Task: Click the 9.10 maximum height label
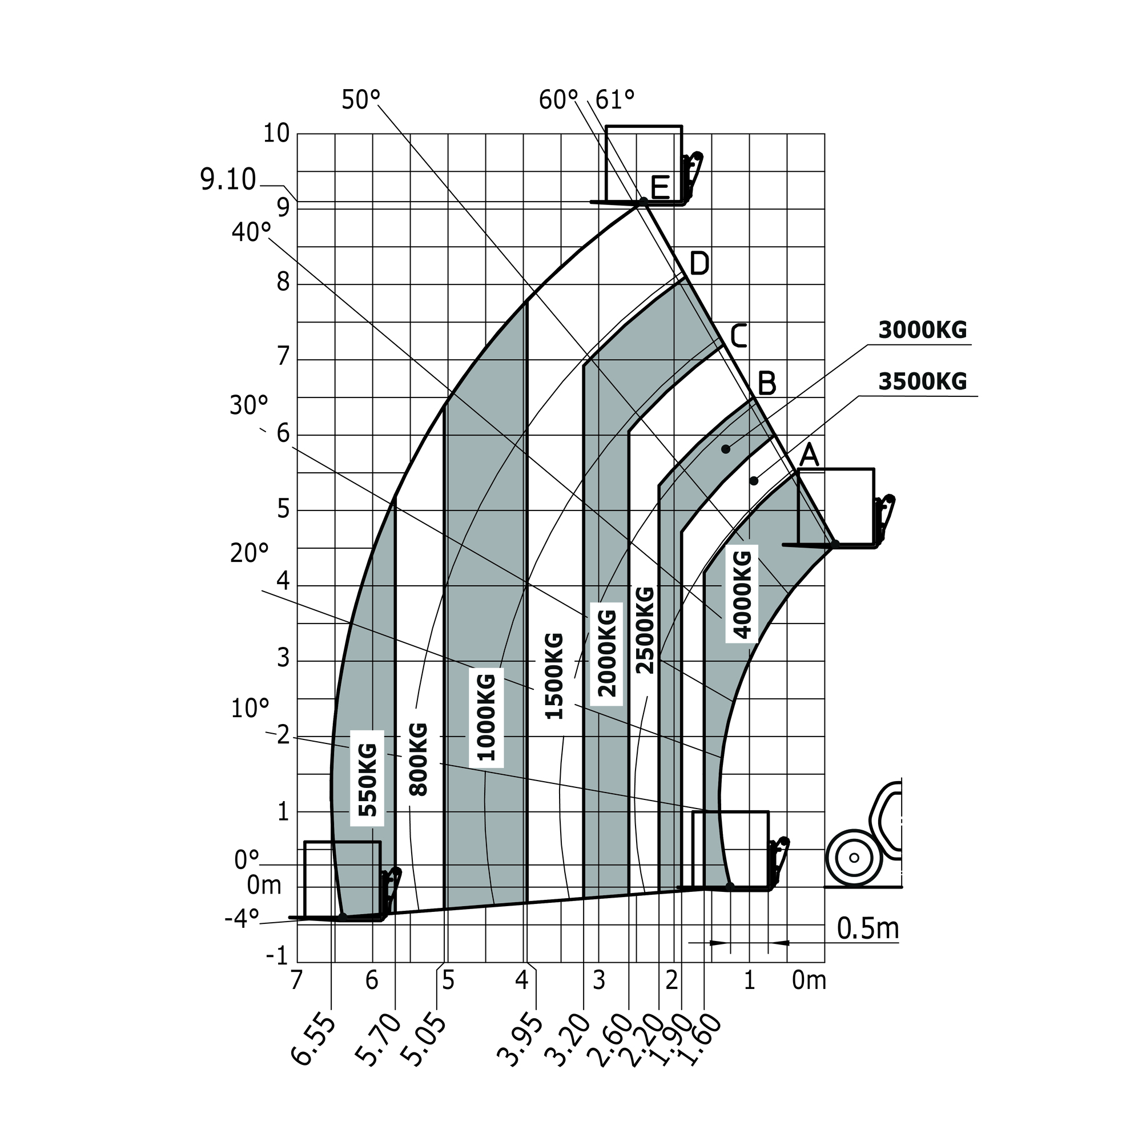(x=228, y=180)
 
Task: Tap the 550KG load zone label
(x=367, y=779)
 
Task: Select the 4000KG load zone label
(x=742, y=594)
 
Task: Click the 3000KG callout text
(x=922, y=331)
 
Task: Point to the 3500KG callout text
(x=922, y=382)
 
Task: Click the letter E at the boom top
(x=660, y=188)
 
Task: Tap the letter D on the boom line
(x=699, y=264)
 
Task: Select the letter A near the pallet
(x=809, y=456)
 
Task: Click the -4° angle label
(x=242, y=918)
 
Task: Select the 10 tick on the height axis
(x=276, y=134)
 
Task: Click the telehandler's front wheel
(x=854, y=857)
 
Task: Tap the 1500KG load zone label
(x=554, y=675)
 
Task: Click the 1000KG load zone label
(x=486, y=717)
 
